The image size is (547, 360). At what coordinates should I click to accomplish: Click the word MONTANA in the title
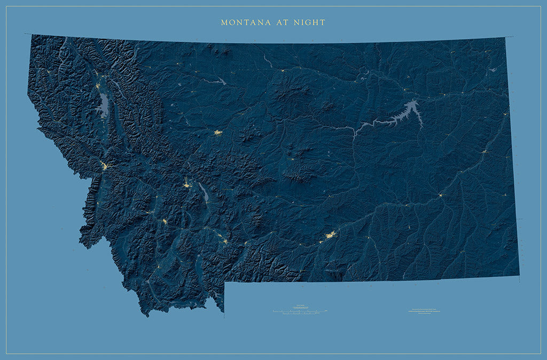click(x=239, y=22)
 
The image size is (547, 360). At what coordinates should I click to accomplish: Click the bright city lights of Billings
click(x=331, y=234)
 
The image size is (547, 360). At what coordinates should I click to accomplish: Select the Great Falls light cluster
click(x=218, y=132)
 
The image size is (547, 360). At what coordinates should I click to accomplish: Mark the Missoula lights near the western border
click(x=104, y=167)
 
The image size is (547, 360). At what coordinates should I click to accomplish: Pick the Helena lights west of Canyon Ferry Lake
click(x=187, y=185)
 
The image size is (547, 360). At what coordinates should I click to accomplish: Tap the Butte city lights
click(x=165, y=221)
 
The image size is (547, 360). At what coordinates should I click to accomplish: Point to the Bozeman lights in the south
click(x=224, y=241)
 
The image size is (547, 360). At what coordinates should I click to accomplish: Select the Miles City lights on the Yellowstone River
click(x=441, y=195)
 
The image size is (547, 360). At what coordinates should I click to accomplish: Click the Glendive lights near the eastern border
click(x=484, y=152)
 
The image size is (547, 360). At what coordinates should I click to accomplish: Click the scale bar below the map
click(x=299, y=311)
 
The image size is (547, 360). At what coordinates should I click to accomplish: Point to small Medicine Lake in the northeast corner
click(x=493, y=69)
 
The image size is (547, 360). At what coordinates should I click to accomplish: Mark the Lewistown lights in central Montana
click(x=293, y=160)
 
